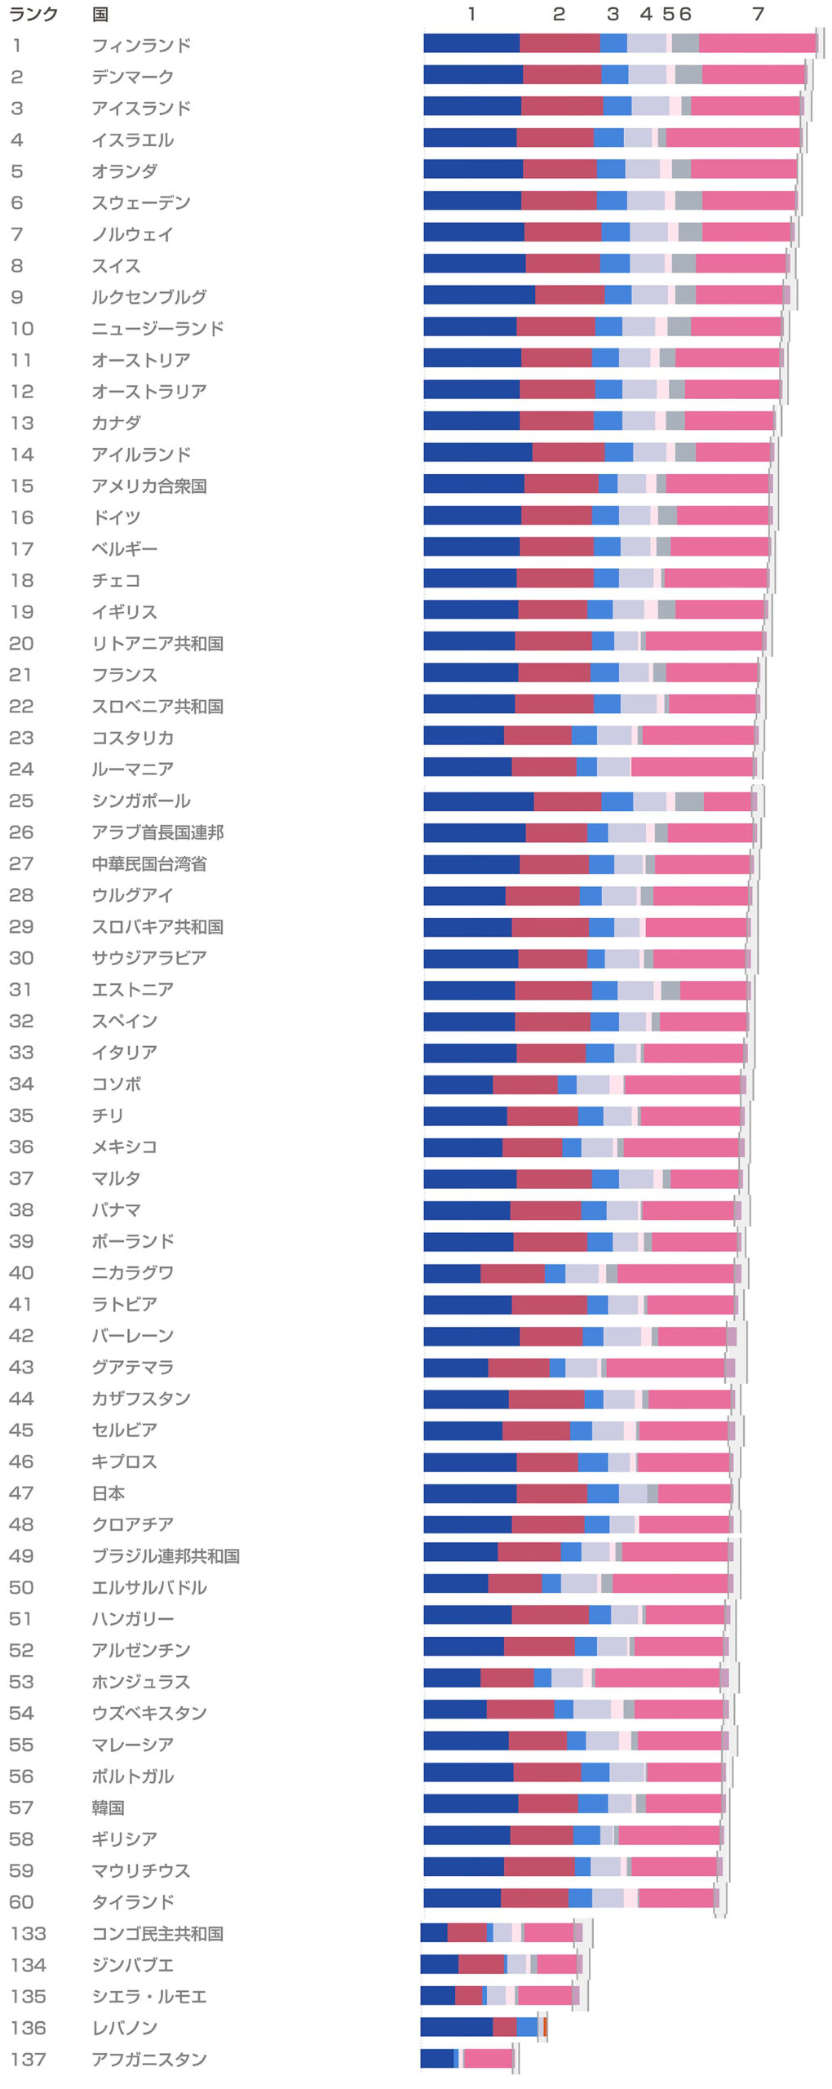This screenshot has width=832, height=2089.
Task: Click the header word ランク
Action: pyautogui.click(x=33, y=14)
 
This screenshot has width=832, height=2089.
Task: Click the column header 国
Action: pyautogui.click(x=100, y=14)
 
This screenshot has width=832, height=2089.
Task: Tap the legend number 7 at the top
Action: pyautogui.click(x=758, y=14)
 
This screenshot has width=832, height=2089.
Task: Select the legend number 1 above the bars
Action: pyautogui.click(x=471, y=14)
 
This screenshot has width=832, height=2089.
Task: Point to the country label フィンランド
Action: pyautogui.click(x=141, y=46)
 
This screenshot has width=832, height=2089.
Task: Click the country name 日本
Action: pyautogui.click(x=108, y=1492)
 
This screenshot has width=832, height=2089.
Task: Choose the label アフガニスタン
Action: pyautogui.click(x=148, y=2059)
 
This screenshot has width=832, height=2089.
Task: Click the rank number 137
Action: pyautogui.click(x=29, y=2059)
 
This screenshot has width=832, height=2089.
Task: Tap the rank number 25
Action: pyautogui.click(x=21, y=801)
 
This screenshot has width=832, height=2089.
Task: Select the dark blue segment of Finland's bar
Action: pyautogui.click(x=471, y=43)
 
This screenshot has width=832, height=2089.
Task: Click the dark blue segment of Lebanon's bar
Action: pyautogui.click(x=456, y=2026)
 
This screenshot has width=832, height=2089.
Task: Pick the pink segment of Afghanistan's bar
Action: pyautogui.click(x=488, y=2058)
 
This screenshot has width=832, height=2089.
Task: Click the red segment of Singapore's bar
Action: pyautogui.click(x=568, y=801)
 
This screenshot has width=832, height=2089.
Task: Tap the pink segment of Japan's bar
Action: pyautogui.click(x=694, y=1493)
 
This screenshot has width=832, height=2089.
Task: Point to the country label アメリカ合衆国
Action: pyautogui.click(x=148, y=486)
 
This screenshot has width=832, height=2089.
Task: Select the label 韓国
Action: pyautogui.click(x=108, y=1807)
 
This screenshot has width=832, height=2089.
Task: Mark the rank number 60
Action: pyautogui.click(x=21, y=1901)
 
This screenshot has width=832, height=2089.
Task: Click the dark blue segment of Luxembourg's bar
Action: pyautogui.click(x=479, y=295)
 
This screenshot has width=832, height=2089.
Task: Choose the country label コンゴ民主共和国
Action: pyautogui.click(x=157, y=1933)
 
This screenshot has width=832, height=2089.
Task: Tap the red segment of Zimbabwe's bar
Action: pyautogui.click(x=481, y=1963)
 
